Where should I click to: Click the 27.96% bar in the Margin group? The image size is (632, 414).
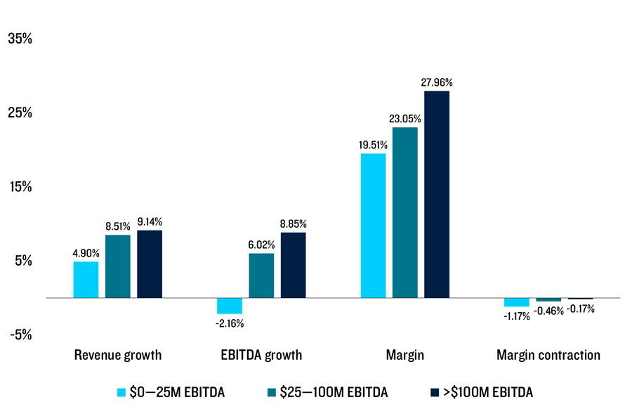[x=436, y=194]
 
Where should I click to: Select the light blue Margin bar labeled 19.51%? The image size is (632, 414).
[x=373, y=226]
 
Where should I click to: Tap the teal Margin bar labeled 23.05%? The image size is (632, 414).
[x=404, y=212]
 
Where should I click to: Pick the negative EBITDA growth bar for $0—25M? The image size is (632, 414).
[x=229, y=306]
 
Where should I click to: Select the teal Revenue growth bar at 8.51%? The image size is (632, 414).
[x=117, y=266]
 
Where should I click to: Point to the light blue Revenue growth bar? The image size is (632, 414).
[x=86, y=280]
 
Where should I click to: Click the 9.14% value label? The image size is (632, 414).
[x=149, y=221]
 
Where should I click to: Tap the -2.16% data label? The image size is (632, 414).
[x=229, y=323]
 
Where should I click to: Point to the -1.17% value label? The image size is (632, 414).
[x=516, y=316]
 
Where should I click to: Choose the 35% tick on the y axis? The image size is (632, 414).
[x=20, y=39]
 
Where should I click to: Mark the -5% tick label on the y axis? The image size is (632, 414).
[x=20, y=335]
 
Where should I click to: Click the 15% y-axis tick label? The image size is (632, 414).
[x=20, y=187]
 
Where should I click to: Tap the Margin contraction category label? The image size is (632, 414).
[x=548, y=355]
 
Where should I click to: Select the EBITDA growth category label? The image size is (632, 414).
[x=261, y=355]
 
